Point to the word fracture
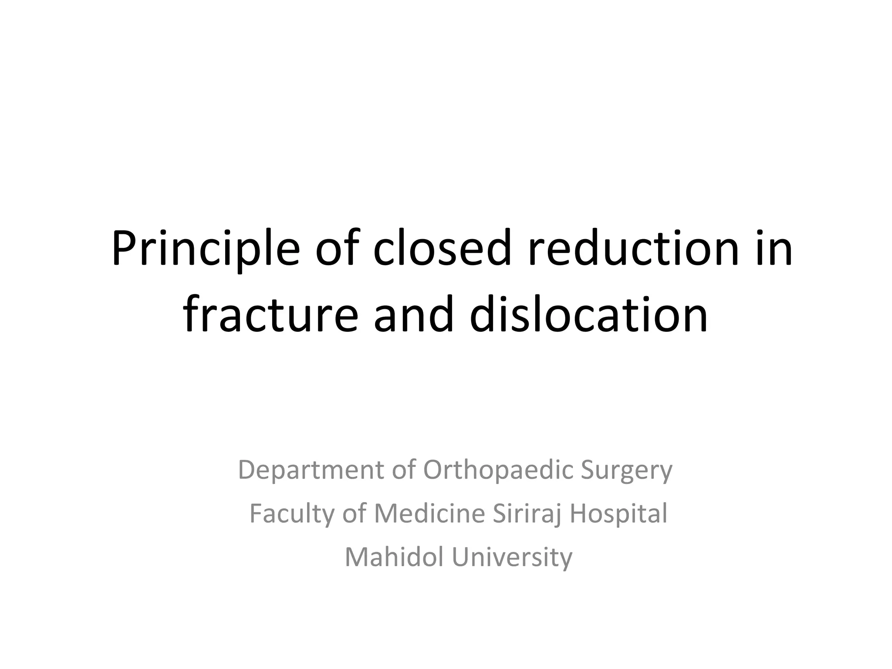coord(270,314)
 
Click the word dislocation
coord(589,314)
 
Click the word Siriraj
coord(528,514)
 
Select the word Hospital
coord(618,514)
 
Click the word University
coord(512,557)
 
